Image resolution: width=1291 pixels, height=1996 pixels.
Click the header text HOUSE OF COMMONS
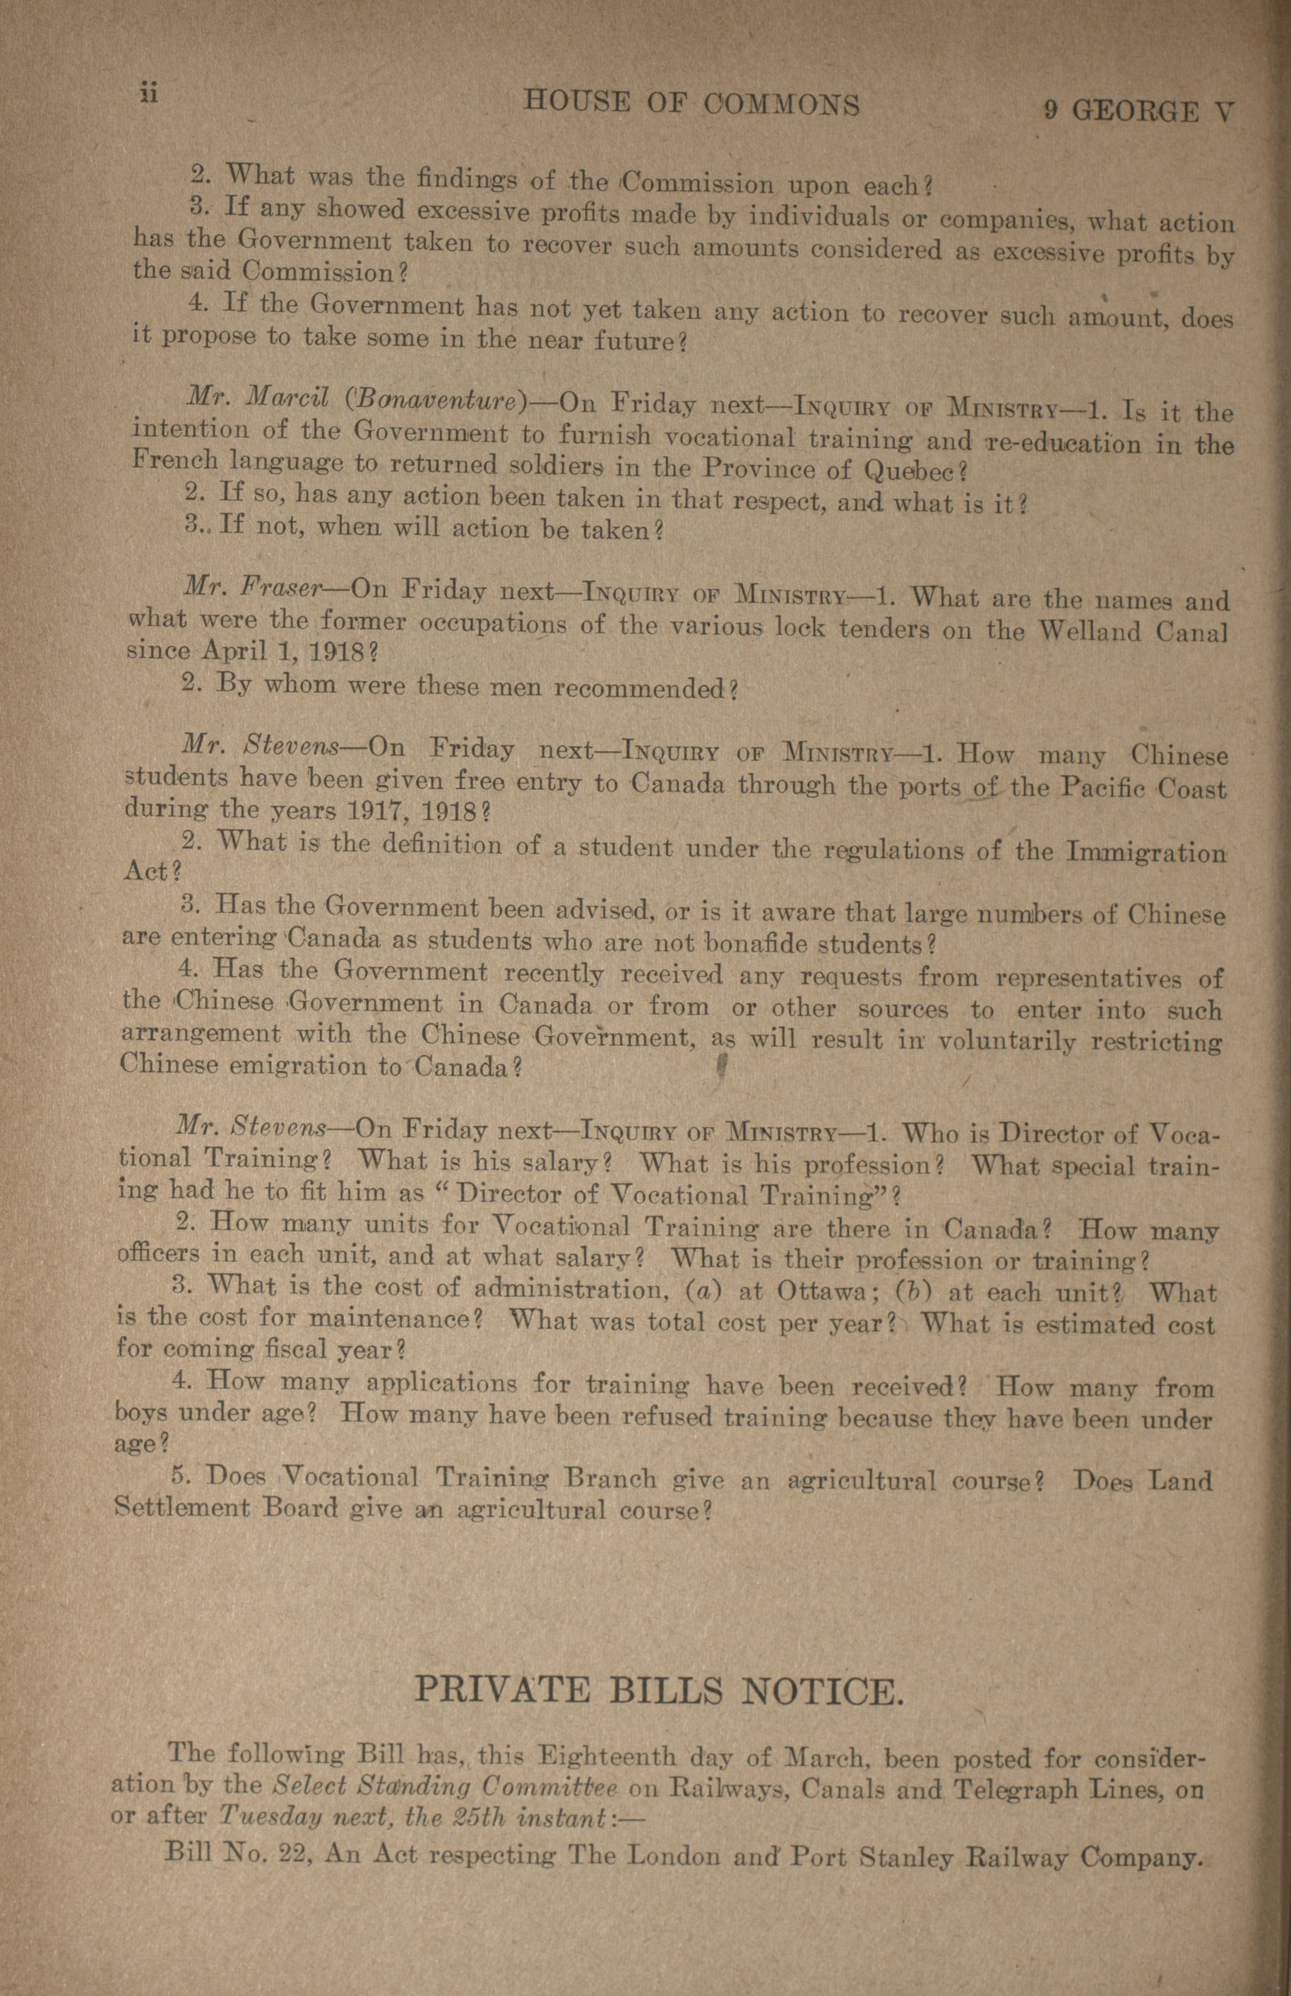pyautogui.click(x=691, y=104)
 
